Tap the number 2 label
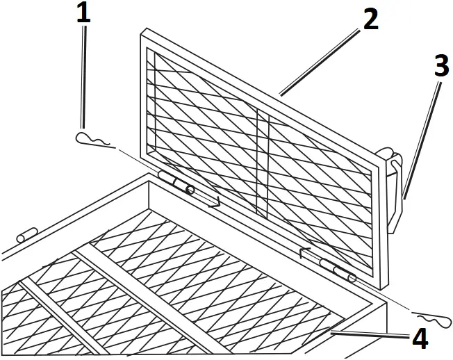370,19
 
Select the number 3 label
441,65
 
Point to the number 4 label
419,338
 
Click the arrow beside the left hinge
212,202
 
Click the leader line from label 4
368,335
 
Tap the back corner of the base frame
148,179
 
